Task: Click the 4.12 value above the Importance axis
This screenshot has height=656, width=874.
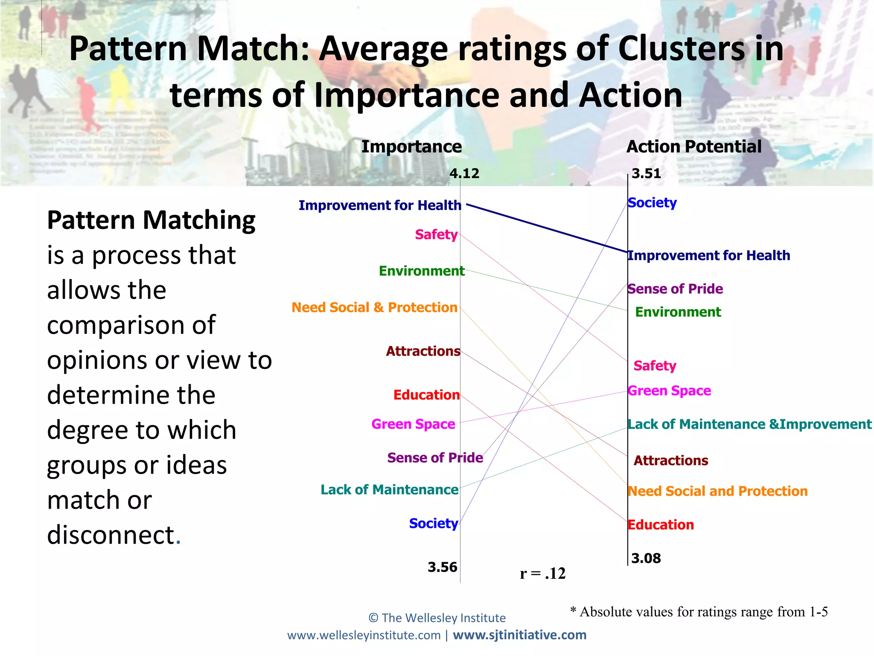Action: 464,173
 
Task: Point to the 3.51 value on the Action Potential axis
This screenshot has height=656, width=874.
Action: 646,173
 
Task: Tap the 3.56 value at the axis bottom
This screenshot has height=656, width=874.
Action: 442,567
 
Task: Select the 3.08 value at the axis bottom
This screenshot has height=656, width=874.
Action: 646,558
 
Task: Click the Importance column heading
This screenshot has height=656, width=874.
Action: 411,146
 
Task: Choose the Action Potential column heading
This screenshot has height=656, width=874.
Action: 694,146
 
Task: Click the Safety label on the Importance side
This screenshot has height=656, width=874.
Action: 436,234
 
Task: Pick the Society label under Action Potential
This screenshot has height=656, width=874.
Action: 652,202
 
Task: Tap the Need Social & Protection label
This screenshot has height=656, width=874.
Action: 374,307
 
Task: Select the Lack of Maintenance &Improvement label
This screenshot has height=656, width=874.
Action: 749,424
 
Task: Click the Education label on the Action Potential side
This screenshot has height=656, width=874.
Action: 661,525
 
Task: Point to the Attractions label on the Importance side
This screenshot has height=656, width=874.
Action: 423,351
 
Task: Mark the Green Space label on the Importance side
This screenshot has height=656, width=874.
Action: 413,424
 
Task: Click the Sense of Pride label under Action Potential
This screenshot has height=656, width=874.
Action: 675,289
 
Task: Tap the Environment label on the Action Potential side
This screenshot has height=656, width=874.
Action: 678,312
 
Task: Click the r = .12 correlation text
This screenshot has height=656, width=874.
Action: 542,573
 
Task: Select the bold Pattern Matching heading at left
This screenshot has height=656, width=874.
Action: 151,220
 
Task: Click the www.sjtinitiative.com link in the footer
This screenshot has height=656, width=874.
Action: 519,635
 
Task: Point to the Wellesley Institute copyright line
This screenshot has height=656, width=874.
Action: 437,618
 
